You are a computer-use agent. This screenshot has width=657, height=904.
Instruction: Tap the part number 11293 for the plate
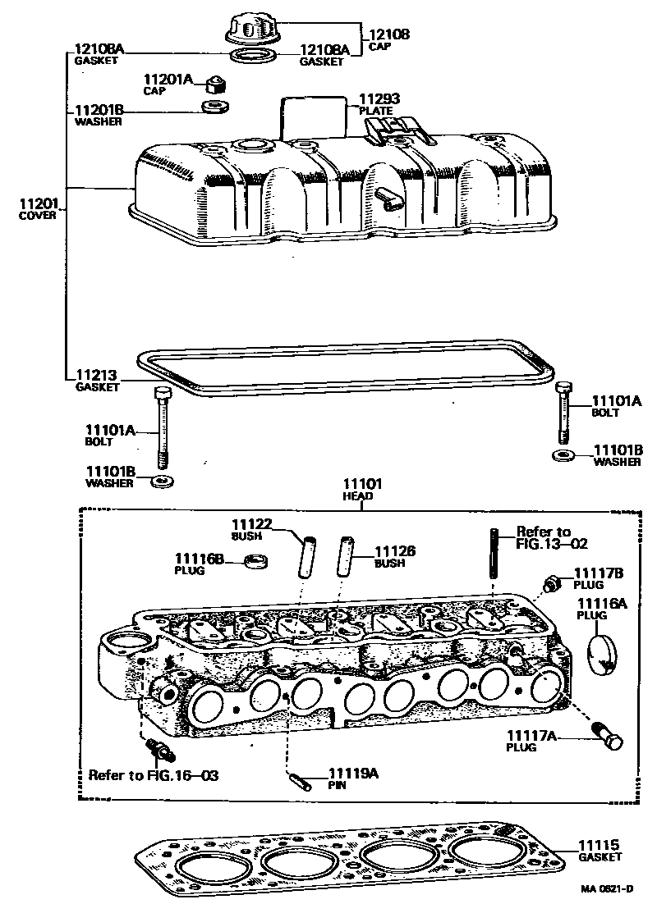[374, 99]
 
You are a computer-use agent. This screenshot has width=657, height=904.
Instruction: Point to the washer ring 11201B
[216, 108]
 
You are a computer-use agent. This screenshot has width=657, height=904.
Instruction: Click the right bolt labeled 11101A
[563, 412]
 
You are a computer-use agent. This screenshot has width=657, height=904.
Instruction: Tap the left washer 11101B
[163, 479]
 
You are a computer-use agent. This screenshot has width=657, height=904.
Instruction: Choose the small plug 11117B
[552, 583]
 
